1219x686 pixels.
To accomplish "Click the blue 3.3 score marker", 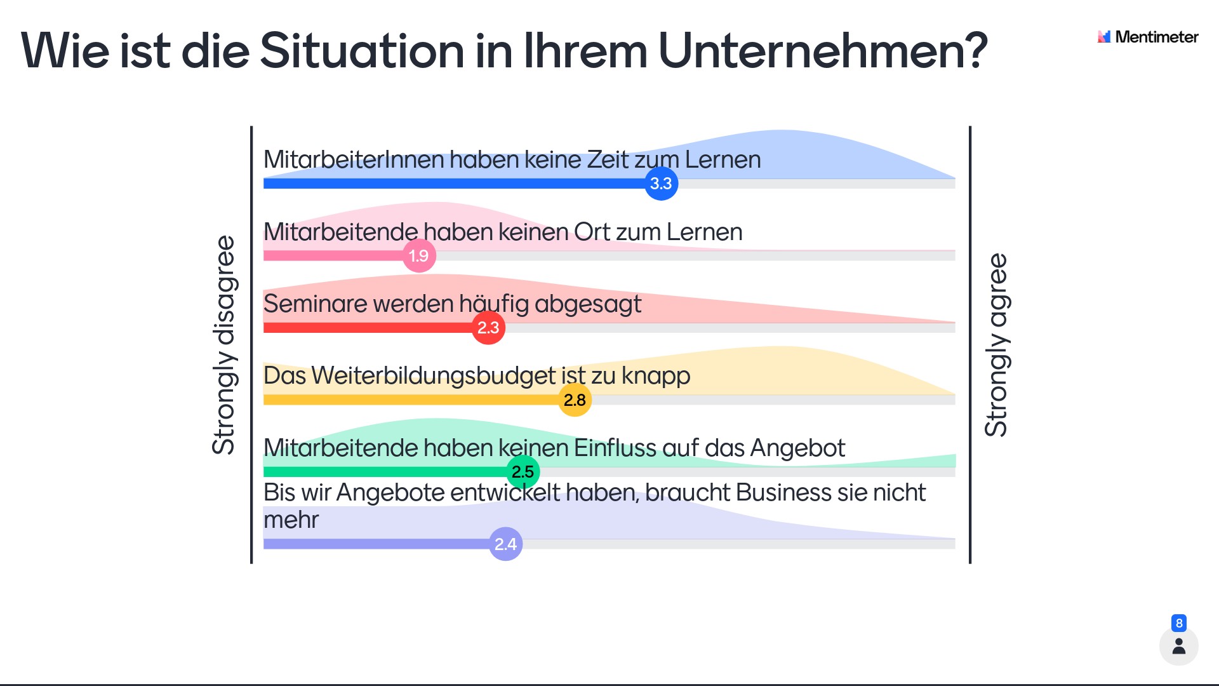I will (661, 184).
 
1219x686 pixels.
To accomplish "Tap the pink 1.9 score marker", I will (419, 256).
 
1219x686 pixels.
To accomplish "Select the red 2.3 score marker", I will (488, 328).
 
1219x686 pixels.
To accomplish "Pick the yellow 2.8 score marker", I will (575, 400).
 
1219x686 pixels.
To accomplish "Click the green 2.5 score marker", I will (523, 472).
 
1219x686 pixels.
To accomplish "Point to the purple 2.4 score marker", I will (505, 544).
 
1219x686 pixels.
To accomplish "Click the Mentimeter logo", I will (1148, 37).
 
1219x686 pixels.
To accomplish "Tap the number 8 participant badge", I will (1179, 623).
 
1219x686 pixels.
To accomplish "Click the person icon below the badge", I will (1179, 647).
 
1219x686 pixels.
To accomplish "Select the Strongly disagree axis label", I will (223, 345).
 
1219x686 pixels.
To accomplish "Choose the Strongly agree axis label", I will (996, 345).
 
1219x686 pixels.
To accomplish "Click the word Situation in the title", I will (362, 51).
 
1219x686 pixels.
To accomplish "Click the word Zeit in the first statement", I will (608, 159).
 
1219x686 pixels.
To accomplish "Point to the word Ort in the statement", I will (592, 232).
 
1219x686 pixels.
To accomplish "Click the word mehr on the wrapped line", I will (291, 520).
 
